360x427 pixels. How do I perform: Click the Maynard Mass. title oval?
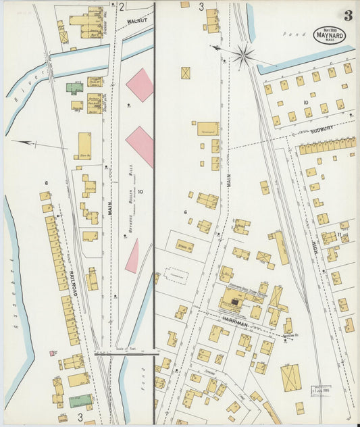coord(330,35)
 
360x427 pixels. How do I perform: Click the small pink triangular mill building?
coord(132,257)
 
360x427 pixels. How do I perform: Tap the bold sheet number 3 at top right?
coord(347,16)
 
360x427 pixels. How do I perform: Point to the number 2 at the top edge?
coord(122,7)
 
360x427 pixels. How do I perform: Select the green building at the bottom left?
coord(81,401)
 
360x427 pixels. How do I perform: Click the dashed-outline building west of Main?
coord(177,276)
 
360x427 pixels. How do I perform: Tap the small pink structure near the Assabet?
coord(52,353)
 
